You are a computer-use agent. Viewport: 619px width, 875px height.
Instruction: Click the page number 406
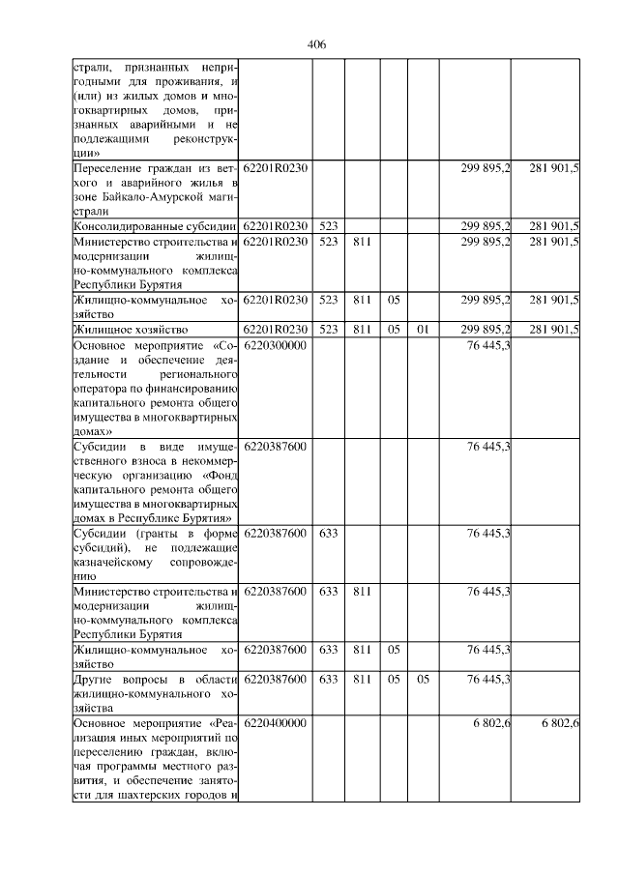315,44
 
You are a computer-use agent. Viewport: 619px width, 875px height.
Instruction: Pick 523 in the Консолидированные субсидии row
328,226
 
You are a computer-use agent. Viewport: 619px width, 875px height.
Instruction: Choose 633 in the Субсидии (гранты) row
328,533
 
